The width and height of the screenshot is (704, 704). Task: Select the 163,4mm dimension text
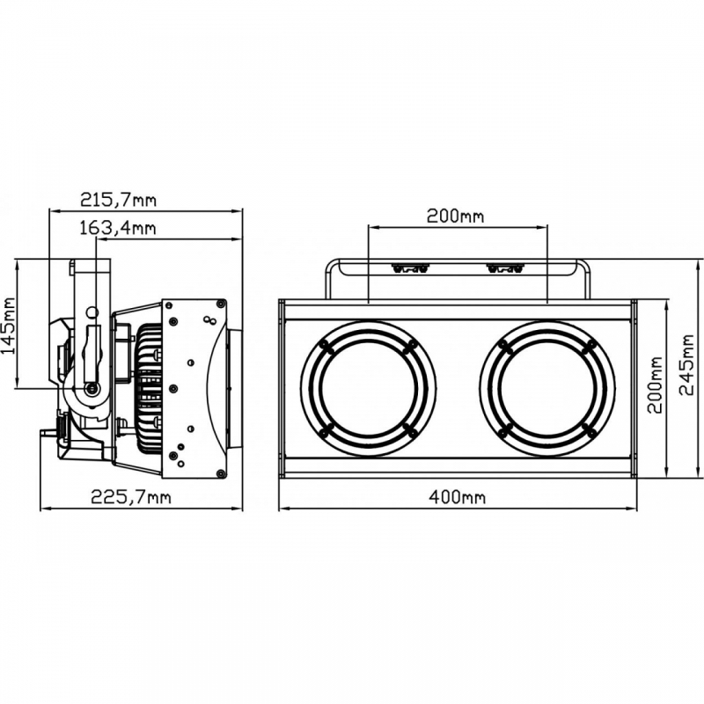[117, 228]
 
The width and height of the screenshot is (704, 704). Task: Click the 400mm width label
[457, 497]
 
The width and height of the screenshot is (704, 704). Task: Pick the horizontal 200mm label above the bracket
[455, 216]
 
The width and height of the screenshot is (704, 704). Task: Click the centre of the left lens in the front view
[368, 388]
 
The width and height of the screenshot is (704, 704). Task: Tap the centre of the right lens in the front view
[547, 388]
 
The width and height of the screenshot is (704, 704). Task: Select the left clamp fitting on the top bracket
[410, 268]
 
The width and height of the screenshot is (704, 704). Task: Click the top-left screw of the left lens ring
[326, 345]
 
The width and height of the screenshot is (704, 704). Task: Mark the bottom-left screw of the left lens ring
[326, 430]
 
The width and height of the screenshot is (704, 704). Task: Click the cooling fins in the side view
[150, 388]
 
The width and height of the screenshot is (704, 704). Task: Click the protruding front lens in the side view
[234, 388]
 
